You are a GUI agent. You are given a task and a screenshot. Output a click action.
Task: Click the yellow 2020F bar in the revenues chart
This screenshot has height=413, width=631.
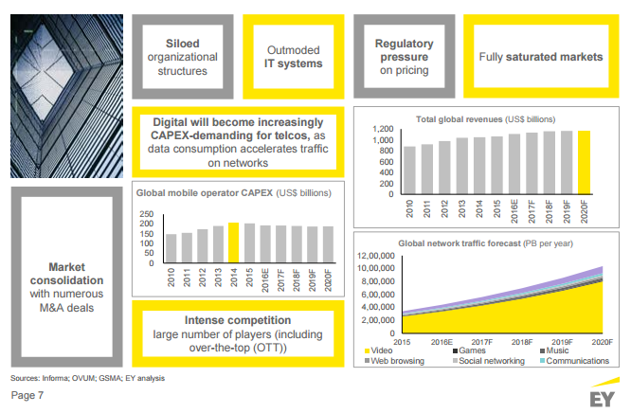coord(584,161)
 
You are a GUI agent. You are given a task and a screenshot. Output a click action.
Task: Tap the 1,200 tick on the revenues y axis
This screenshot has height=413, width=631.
coord(382,130)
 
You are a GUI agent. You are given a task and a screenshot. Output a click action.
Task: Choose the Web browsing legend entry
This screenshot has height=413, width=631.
coord(395,361)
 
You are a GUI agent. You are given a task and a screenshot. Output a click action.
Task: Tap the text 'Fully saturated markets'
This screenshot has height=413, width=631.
coord(540,57)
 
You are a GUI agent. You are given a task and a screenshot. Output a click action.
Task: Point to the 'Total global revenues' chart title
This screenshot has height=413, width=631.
coord(461,118)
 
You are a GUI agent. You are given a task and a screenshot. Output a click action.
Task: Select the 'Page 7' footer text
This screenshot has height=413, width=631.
coord(27,394)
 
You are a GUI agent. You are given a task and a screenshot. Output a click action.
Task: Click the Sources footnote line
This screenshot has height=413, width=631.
coord(87,378)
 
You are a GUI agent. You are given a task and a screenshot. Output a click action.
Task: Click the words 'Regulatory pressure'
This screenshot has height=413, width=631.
coord(405,49)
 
